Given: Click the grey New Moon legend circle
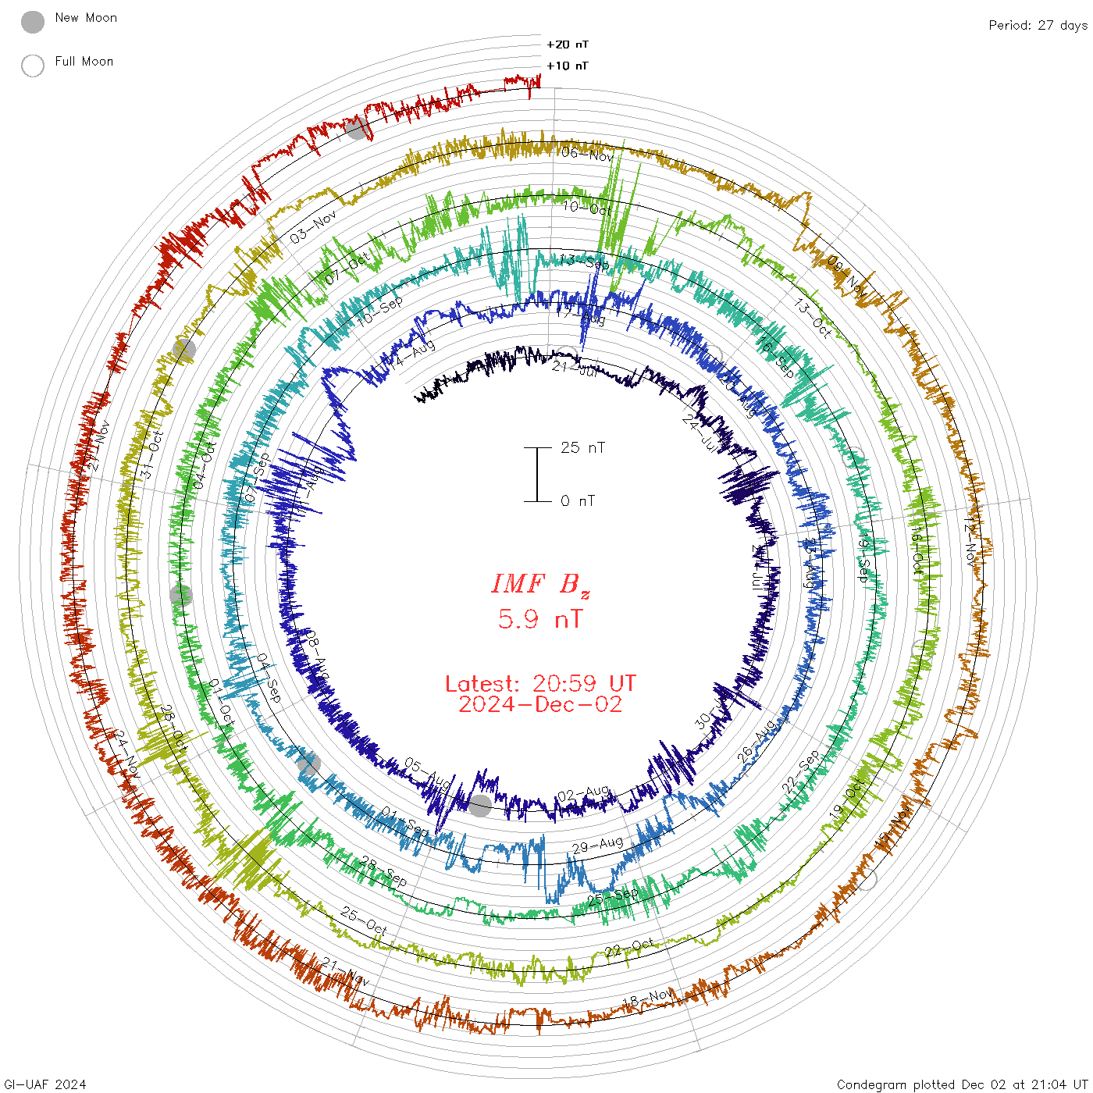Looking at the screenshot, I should pos(33,23).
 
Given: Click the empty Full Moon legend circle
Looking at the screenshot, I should pos(33,66).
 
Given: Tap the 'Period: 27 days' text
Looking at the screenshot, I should pos(1038,25).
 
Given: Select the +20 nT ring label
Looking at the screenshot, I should pos(568,45).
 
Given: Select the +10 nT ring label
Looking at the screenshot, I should pos(568,66).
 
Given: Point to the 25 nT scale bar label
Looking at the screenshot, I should pos(582,447).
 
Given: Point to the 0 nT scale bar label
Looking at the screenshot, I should pos(578,500).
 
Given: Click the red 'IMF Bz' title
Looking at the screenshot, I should pos(540,584).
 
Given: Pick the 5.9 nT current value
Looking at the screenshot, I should pos(540,619).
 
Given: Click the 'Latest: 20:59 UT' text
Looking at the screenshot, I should pos(540,684).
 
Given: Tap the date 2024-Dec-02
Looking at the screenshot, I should pos(540,704).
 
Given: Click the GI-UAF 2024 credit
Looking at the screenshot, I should pos(45,1084).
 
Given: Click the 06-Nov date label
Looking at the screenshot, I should pos(588,154).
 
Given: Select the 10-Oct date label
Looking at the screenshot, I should pos(587,207).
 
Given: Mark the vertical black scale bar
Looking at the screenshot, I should pos(537,475).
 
